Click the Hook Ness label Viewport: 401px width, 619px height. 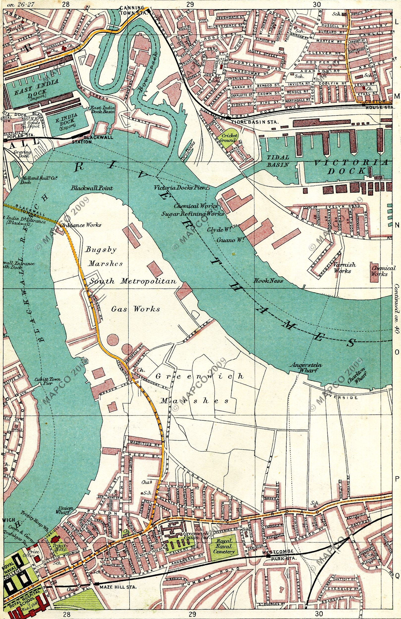point(268,281)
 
